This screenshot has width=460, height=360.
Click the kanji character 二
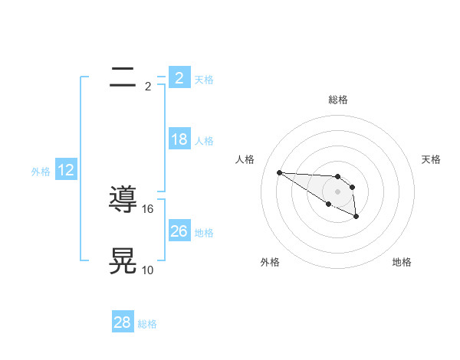123,77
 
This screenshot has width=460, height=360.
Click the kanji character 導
123,200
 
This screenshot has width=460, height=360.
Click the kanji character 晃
123,260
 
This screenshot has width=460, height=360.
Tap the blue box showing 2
179,77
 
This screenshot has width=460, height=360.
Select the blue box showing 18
179,139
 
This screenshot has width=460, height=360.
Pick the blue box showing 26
179,231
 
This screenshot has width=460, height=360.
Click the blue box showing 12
66,170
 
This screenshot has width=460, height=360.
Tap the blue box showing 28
122,322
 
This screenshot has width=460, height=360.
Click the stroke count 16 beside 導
149,208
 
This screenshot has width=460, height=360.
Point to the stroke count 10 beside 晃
148,270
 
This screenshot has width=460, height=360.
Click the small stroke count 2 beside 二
147,86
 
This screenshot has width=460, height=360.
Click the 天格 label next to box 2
204,79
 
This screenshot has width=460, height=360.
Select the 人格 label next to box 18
204,141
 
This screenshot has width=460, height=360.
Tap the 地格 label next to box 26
204,232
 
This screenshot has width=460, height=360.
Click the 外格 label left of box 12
41,172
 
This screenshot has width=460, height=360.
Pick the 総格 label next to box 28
147,324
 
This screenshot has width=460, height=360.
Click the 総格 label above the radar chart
338,100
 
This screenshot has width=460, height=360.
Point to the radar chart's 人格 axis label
245,159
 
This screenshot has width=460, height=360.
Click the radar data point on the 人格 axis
279,172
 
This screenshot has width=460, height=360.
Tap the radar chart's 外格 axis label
270,262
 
